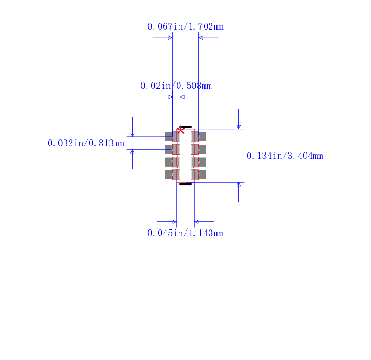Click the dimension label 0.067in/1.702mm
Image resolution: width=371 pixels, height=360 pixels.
[x=185, y=26]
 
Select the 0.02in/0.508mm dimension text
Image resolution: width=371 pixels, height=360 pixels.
[x=176, y=86]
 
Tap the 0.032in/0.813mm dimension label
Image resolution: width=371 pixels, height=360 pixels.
[x=86, y=143]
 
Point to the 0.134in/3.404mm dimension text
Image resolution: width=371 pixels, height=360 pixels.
[x=285, y=156]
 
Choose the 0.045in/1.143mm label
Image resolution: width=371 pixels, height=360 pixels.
[x=185, y=233]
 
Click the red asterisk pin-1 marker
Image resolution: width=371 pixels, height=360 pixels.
[x=180, y=130]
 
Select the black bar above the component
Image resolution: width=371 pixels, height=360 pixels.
[x=186, y=127]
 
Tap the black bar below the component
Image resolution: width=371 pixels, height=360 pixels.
[x=185, y=184]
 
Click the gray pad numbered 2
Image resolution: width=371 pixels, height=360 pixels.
[x=173, y=149]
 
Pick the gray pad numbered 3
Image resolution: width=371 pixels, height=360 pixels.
[x=173, y=162]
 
